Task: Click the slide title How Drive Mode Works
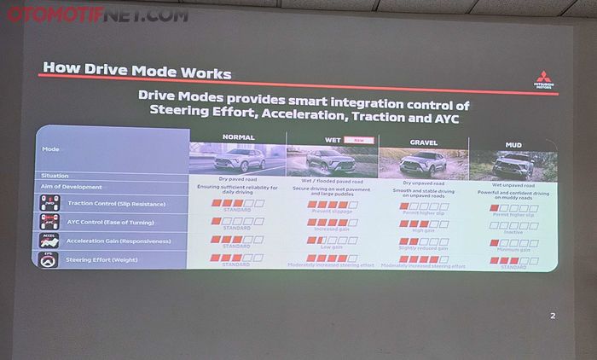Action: (x=136, y=69)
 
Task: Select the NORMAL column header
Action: (x=238, y=136)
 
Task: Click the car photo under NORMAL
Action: (x=238, y=159)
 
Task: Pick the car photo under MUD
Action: (x=513, y=163)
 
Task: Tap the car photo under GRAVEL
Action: (x=423, y=161)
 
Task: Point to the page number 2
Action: (x=553, y=316)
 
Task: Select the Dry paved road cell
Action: (x=238, y=179)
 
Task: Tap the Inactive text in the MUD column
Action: (x=513, y=230)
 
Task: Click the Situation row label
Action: (x=55, y=176)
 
